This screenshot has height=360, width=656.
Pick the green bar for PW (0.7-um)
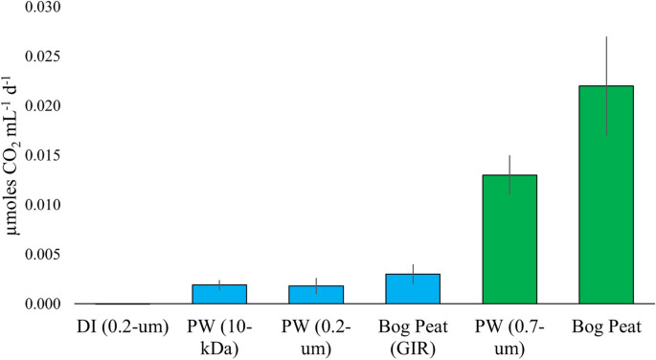coord(509,239)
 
